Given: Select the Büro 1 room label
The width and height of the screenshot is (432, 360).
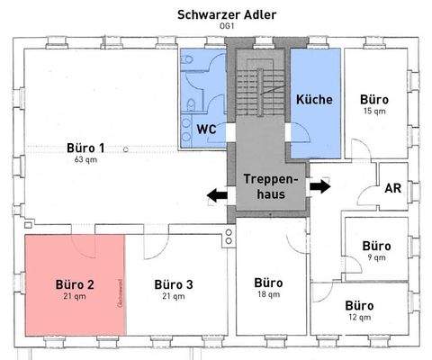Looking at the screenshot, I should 86,148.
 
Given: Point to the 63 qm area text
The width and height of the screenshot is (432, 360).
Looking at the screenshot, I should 86,159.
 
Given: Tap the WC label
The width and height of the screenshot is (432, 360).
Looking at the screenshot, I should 206,128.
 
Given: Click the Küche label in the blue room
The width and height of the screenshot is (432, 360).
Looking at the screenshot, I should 314,99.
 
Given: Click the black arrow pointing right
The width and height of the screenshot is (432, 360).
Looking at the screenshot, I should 319,186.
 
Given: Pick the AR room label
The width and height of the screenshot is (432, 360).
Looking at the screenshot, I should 392,188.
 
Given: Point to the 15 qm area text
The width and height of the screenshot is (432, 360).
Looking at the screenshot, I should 373,111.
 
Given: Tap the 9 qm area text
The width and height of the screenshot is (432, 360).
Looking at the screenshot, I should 376,257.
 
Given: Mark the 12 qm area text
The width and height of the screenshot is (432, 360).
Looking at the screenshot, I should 359,318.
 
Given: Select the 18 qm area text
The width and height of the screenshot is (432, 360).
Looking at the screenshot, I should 268,294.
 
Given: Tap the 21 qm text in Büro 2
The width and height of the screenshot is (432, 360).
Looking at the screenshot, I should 74,295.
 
